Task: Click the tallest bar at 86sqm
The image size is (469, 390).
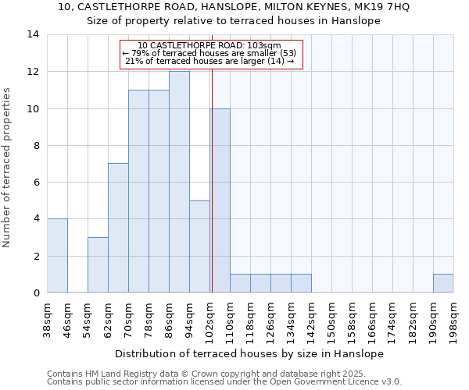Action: pos(179,182)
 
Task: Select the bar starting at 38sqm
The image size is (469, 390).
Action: pos(57,256)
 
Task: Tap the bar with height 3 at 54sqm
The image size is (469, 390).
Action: pos(98,265)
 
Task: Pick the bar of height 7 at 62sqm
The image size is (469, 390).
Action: pos(118,228)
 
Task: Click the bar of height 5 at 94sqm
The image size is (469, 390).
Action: pos(199,246)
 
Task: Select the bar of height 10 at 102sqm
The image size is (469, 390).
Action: pos(220,200)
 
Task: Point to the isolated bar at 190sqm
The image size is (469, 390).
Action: pos(443,283)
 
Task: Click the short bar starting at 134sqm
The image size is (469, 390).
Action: pos(301,283)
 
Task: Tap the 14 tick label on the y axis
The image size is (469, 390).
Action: pos(33,34)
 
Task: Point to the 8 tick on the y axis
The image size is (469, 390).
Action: pos(36,146)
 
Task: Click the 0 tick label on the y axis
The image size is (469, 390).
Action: pos(36,293)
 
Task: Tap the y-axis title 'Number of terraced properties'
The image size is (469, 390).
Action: pos(8,168)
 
